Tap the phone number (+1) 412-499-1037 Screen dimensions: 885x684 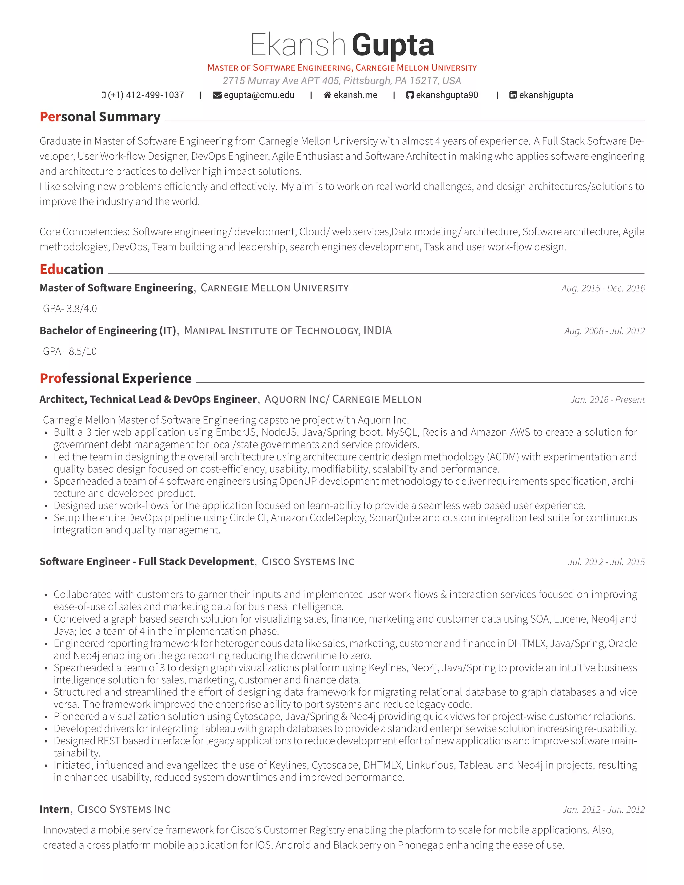click(x=146, y=95)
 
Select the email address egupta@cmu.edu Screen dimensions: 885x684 click(x=259, y=95)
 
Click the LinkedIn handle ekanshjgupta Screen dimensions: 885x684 click(x=546, y=95)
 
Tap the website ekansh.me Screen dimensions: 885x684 click(x=355, y=95)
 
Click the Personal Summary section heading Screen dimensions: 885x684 click(x=100, y=117)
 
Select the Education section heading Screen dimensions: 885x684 click(x=72, y=269)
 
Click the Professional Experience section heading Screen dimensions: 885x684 click(x=116, y=378)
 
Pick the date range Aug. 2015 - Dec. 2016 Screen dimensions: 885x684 click(x=603, y=288)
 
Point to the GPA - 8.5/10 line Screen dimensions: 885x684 click(x=70, y=351)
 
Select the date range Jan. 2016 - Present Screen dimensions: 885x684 click(x=607, y=400)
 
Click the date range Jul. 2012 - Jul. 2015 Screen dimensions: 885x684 click(x=606, y=562)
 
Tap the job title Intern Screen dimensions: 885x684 click(x=55, y=809)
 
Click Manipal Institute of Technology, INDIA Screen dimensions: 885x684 click(x=288, y=331)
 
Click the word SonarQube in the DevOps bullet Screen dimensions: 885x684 click(x=395, y=518)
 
